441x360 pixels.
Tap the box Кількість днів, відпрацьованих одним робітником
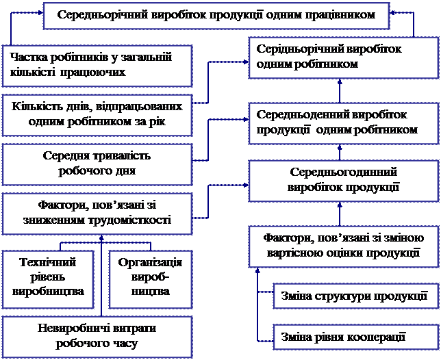96,114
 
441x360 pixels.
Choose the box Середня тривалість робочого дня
96,163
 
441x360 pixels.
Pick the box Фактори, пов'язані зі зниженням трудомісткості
96,212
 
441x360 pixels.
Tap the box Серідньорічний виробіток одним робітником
340,57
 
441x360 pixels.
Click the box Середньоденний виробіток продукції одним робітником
340,123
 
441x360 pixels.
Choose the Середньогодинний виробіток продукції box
340,179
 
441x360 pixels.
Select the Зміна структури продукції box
354,297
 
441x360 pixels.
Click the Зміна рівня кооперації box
354,337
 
